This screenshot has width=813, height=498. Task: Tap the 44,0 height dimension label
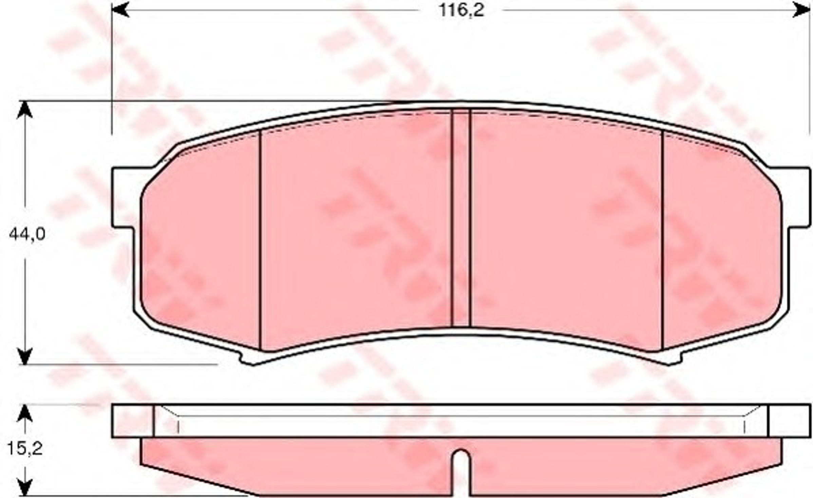tap(27, 234)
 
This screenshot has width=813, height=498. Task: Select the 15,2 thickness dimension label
tap(25, 448)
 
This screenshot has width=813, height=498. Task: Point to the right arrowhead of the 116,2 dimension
tap(802, 9)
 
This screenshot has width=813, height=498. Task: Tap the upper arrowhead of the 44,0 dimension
tap(25, 110)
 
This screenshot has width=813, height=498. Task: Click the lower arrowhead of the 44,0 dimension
tap(25, 356)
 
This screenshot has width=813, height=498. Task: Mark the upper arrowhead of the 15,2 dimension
tap(25, 414)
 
